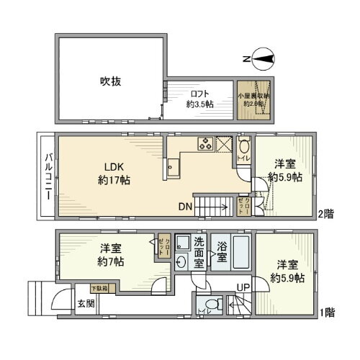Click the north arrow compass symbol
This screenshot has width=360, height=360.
tap(261, 58)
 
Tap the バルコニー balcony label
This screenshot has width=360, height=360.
tap(47, 174)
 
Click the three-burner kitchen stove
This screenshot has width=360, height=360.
tap(204, 143)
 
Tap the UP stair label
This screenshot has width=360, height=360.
tap(243, 289)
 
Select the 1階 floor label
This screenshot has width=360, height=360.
tap(328, 312)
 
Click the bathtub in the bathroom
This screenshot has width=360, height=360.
tap(241, 253)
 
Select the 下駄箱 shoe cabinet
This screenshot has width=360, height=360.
tap(99, 289)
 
